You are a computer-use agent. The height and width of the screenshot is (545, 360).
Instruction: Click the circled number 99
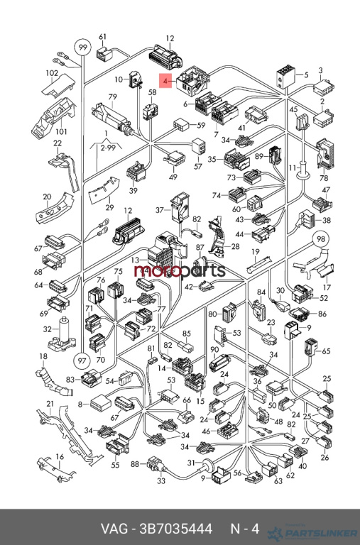[x=82, y=48]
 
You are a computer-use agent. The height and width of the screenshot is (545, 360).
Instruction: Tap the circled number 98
[x=320, y=238]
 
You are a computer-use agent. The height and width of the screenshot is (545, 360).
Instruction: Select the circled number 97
[x=82, y=360]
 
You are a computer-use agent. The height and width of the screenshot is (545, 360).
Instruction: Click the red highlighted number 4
[x=165, y=81]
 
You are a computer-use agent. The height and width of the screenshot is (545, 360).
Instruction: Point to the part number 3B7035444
[x=175, y=529]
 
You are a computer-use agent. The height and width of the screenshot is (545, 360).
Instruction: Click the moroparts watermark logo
[x=180, y=271]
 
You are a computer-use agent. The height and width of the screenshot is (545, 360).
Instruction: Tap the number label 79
[x=112, y=97]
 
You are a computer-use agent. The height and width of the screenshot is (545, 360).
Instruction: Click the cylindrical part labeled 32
[x=63, y=333]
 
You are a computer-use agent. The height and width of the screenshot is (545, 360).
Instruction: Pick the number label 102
[x=52, y=73]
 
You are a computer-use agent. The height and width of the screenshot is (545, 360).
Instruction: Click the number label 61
[x=102, y=37]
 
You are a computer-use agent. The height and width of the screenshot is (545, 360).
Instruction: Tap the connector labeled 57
[x=199, y=146]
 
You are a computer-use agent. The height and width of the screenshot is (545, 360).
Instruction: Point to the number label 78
[x=324, y=178]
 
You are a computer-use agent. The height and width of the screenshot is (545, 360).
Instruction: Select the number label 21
[x=50, y=404]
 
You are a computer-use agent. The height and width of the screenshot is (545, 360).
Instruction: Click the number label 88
[x=136, y=463]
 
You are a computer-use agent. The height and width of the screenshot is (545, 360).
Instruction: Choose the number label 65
[x=326, y=351]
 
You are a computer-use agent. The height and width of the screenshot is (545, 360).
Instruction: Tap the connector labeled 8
[x=101, y=404]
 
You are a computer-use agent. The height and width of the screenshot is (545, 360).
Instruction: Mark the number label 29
[x=109, y=207]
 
